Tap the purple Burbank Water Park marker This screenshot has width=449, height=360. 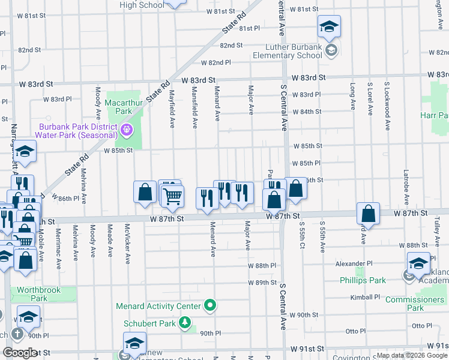tap(127, 128)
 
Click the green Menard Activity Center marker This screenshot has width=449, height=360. tap(209, 306)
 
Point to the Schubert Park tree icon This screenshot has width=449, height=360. tap(185, 324)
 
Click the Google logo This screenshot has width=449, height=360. tap(19, 352)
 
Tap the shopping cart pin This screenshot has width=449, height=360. tap(173, 196)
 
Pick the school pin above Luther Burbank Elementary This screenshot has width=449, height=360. tap(329, 27)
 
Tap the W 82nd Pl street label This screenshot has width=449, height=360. tap(216, 62)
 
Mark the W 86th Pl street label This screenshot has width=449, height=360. tap(65, 197)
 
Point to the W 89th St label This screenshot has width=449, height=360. tap(263, 282)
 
